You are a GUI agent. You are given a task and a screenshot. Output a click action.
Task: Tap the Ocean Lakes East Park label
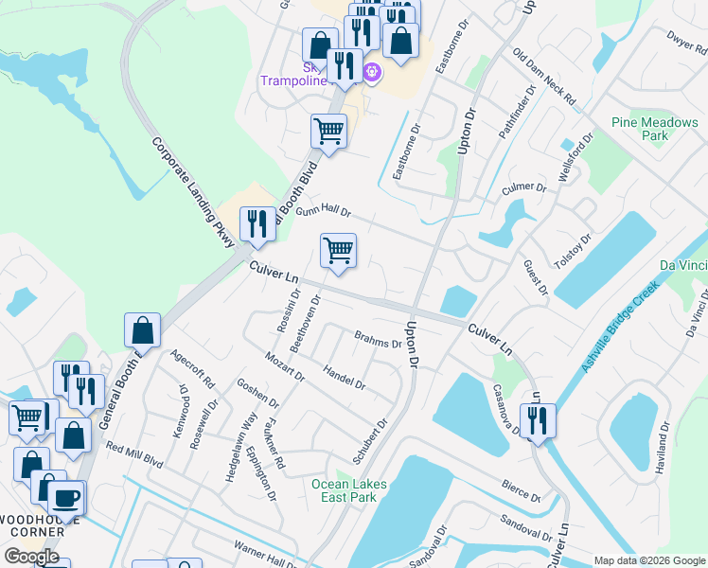349,491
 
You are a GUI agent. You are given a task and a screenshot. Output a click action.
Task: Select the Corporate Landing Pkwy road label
193,192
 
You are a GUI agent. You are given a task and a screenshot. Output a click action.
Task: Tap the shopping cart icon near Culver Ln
338,252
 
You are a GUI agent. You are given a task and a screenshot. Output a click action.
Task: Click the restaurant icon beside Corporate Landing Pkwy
257,224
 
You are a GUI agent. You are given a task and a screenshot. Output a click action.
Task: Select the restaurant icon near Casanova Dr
538,421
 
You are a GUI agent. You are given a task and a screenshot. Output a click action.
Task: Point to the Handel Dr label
344,376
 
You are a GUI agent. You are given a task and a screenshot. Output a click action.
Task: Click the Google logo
31,557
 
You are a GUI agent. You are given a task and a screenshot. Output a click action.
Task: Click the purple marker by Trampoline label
372,71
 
